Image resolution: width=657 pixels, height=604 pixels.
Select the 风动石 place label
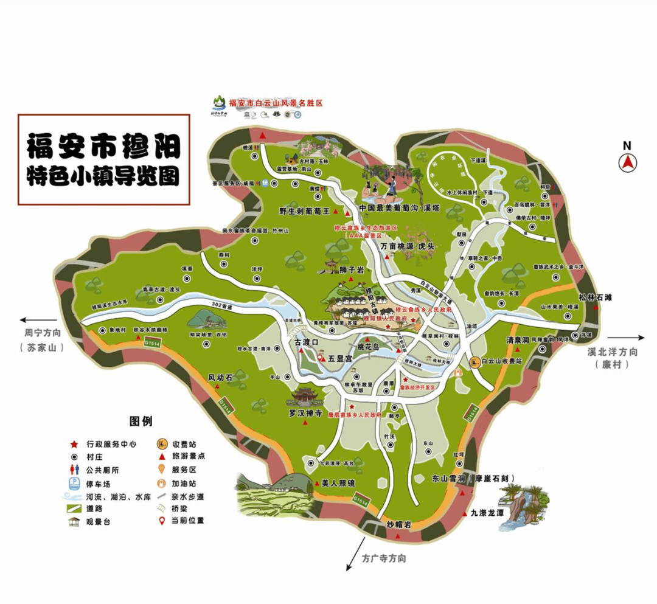tap(221, 377)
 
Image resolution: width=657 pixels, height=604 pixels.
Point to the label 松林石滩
tap(596, 297)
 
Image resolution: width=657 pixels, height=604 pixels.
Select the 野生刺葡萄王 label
tap(304, 211)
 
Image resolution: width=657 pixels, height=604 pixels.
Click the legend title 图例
tap(141, 421)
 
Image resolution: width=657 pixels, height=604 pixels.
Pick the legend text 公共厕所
tap(103, 470)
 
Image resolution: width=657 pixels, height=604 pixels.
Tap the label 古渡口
tap(307, 343)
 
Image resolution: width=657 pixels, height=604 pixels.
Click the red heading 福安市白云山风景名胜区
tap(275, 103)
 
